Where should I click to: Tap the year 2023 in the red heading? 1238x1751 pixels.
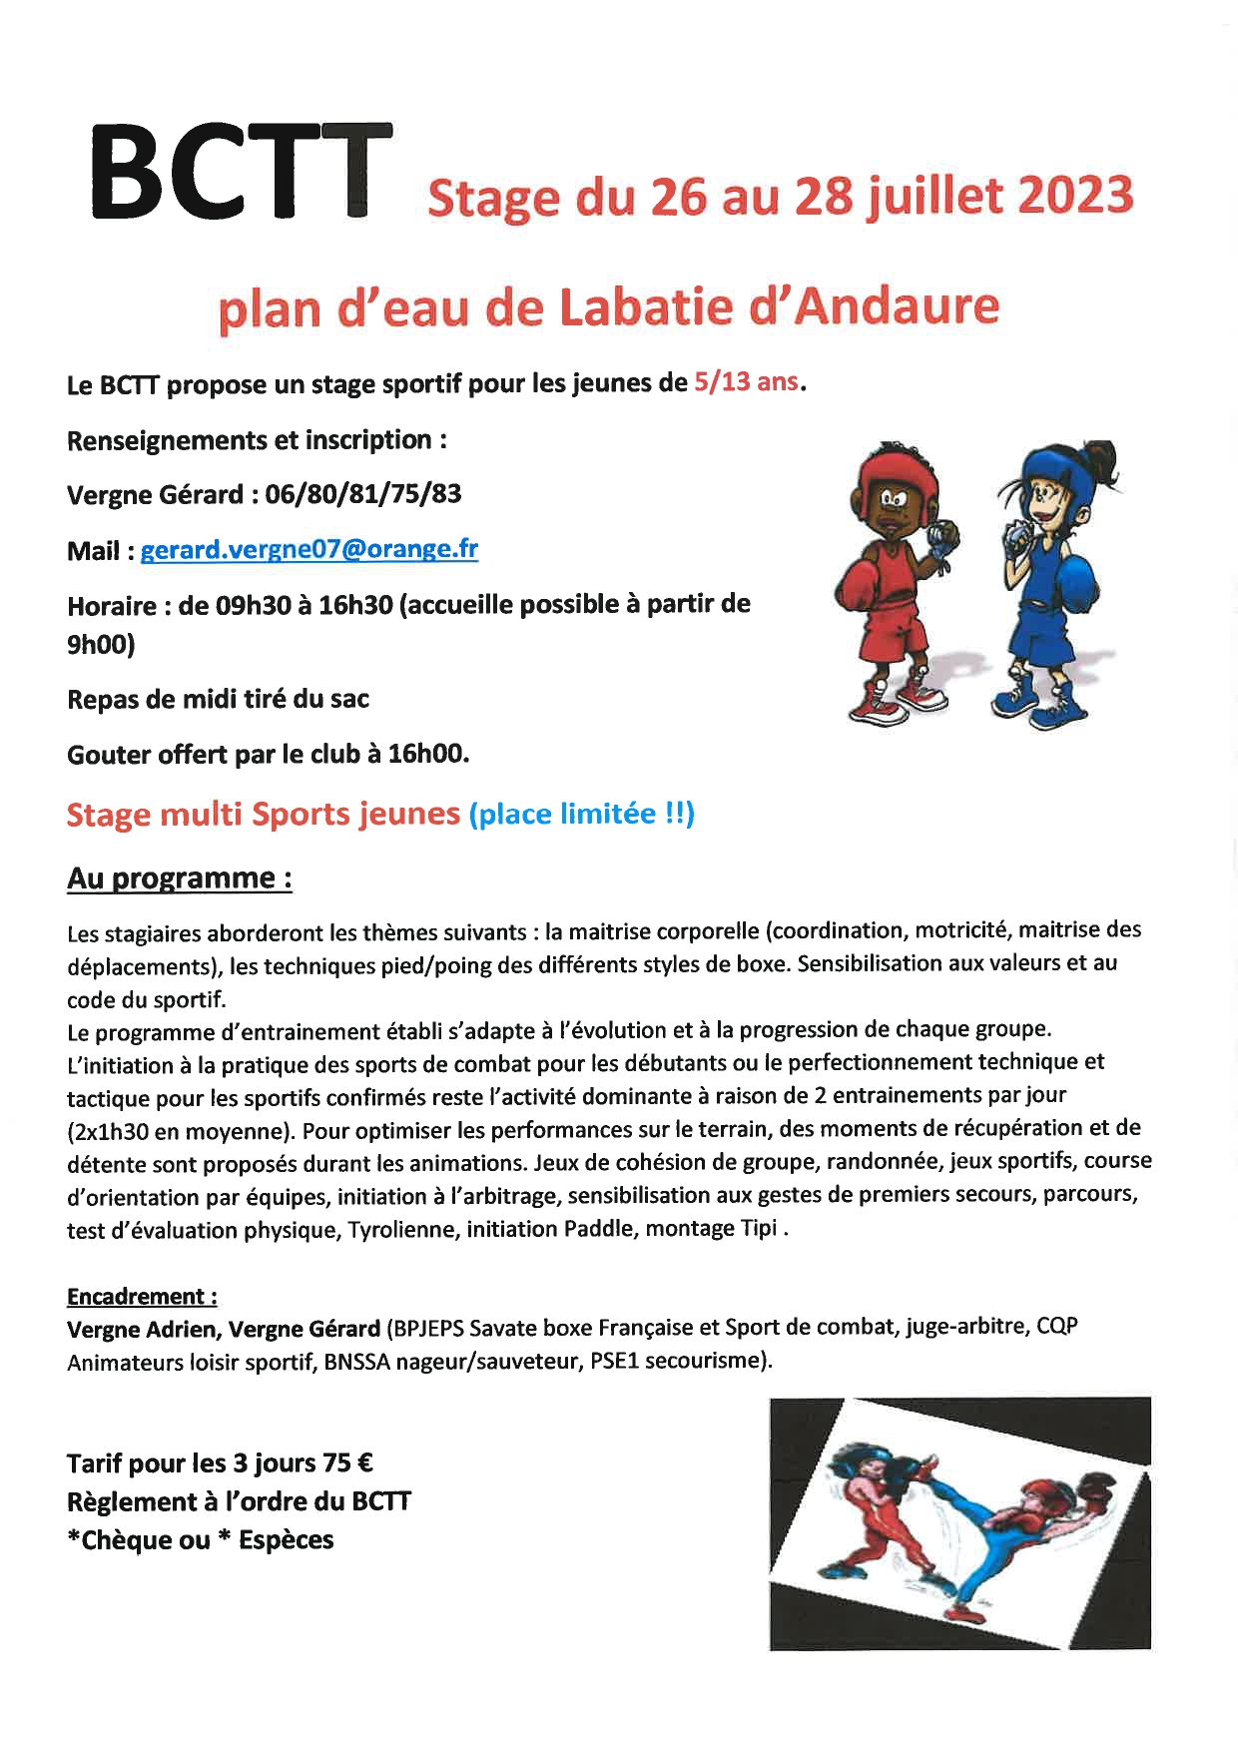point(1075,195)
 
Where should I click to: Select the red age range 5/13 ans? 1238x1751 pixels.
point(747,382)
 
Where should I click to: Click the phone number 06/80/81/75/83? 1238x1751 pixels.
point(363,494)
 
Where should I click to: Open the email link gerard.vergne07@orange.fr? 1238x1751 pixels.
point(309,549)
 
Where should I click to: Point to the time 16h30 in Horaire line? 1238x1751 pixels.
point(355,605)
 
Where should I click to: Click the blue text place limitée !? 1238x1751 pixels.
point(582,814)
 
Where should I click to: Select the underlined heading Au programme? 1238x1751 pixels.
point(179,878)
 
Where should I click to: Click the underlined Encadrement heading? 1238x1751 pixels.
point(142,1297)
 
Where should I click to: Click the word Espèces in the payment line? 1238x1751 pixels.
point(287,1540)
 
